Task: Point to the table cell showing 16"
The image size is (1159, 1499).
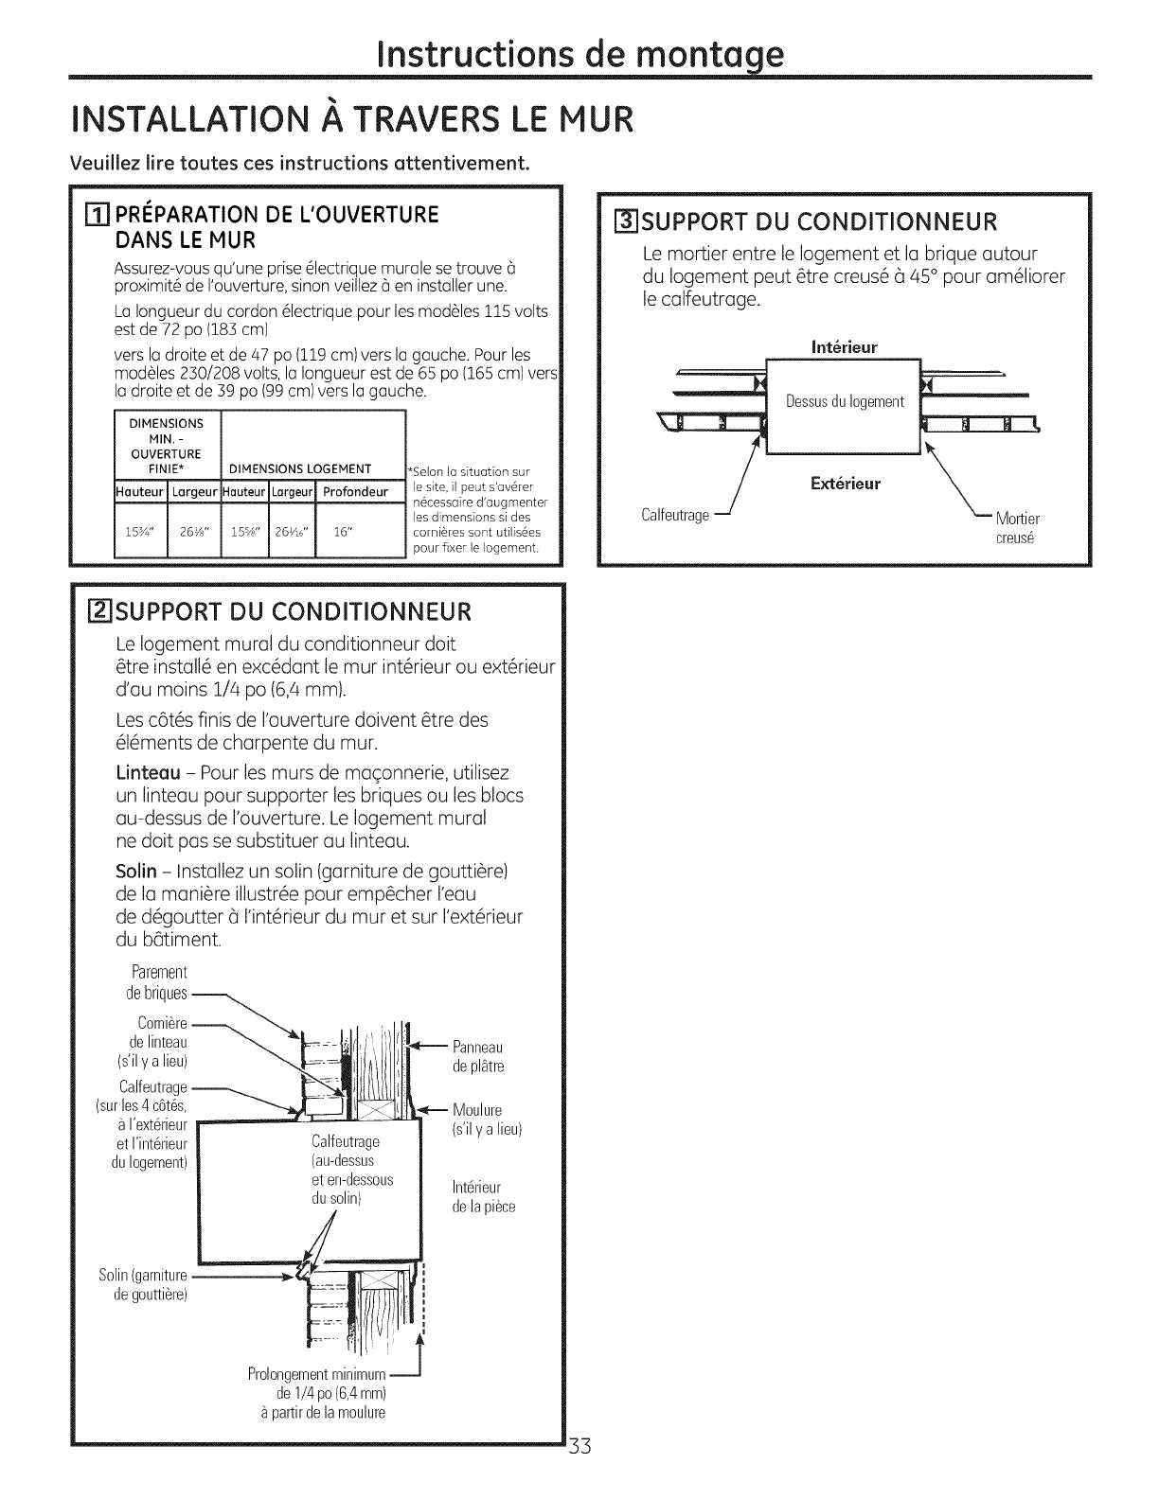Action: point(343,531)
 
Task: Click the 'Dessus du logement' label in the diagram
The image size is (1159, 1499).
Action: point(845,401)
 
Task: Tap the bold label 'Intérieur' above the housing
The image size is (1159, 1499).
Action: point(845,347)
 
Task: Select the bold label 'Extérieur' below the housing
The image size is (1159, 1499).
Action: point(846,484)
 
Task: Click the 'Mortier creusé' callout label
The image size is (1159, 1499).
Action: point(1018,528)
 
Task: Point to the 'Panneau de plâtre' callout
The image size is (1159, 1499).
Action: point(478,1056)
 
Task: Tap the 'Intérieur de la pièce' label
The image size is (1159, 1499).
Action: point(484,1196)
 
